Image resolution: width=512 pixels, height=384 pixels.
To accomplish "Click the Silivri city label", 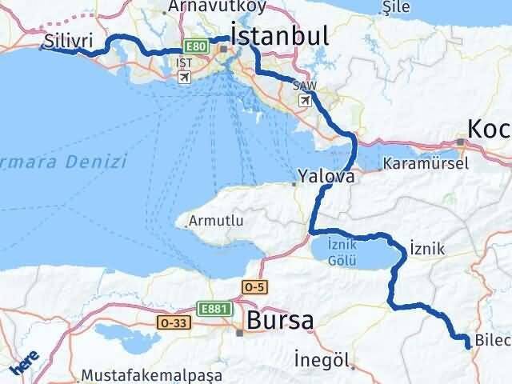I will (x=70, y=39).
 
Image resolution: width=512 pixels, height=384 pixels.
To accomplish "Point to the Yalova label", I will (x=326, y=176).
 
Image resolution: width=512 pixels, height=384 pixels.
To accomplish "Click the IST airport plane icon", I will (x=185, y=77).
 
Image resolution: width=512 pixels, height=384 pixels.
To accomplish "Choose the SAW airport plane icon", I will (x=305, y=100).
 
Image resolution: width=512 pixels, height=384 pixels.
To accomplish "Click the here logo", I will (x=23, y=361).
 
